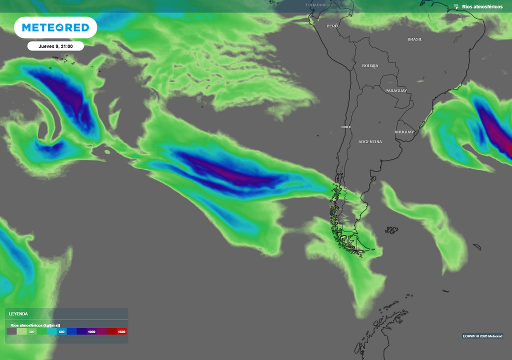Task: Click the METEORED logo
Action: [55, 27]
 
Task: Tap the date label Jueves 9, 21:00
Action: [55, 46]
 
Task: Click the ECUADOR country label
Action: [315, 5]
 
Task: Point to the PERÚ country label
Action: [332, 25]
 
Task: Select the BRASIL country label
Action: [414, 39]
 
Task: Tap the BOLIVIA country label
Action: [370, 65]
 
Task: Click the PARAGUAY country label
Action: [396, 90]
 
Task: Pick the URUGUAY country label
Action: [404, 132]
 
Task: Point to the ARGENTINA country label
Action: [370, 142]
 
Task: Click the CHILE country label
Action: [346, 127]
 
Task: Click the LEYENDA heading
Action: [18, 314]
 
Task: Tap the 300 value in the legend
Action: [31, 331]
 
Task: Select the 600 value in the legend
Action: [61, 331]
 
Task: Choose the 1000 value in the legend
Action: [91, 331]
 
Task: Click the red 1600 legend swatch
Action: [121, 331]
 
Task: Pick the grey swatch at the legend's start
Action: [11, 331]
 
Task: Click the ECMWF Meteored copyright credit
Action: [482, 336]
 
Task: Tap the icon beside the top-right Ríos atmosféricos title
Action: [456, 6]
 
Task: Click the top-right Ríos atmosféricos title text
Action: [482, 6]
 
